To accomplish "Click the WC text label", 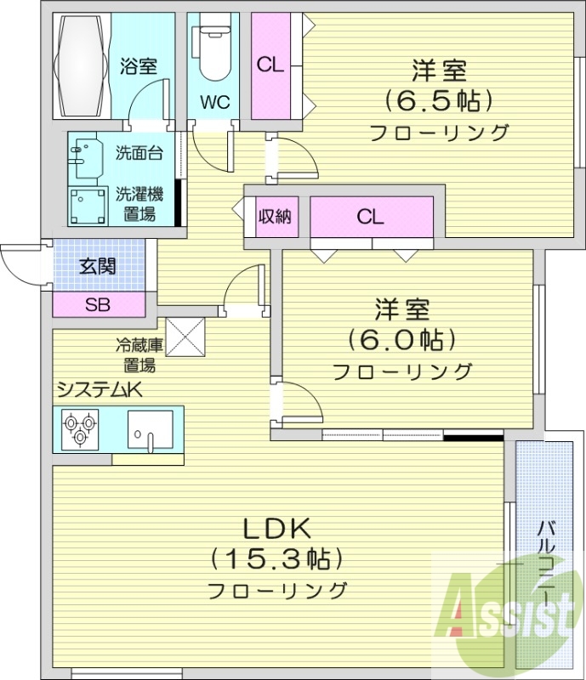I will pos(214,103).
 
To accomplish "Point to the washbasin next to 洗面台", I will pos(86,156).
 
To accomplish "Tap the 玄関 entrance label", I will pos(98,266).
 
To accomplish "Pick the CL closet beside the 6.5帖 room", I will pos(270,65).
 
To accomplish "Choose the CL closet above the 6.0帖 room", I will pos(371,217).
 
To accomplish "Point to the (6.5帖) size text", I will pos(439,100).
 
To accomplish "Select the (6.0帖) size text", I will pos(401,339).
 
